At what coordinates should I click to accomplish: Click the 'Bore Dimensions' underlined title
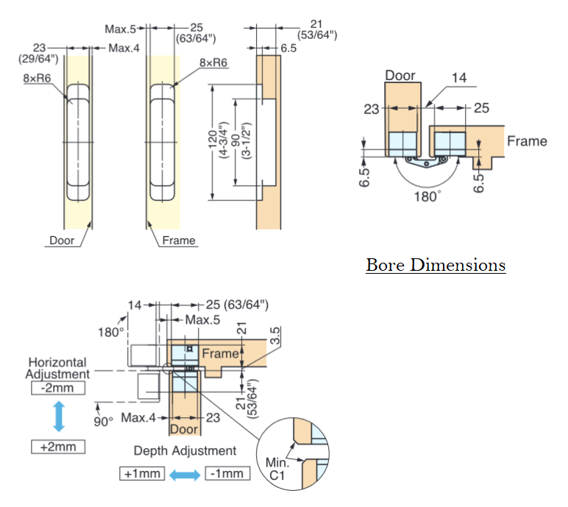(x=436, y=264)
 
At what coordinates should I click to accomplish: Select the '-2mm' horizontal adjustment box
(x=58, y=388)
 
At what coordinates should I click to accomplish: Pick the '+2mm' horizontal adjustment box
(x=58, y=446)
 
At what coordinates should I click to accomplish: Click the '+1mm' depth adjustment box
(x=142, y=473)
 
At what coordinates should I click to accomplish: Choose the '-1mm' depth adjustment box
(x=228, y=473)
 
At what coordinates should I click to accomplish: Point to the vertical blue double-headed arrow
(x=58, y=416)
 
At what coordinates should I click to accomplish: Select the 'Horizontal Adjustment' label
(x=57, y=367)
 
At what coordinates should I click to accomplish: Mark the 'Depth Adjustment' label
(x=185, y=450)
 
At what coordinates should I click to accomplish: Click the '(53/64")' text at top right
(x=317, y=34)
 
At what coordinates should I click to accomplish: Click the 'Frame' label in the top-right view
(x=527, y=140)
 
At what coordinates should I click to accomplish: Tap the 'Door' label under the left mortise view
(x=62, y=240)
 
